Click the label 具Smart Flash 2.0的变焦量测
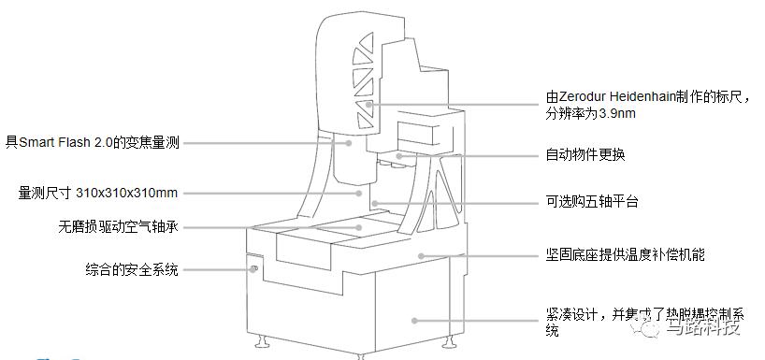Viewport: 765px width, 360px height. point(92,143)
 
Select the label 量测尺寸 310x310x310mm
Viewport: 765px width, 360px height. point(98,194)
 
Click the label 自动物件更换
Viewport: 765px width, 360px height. point(585,154)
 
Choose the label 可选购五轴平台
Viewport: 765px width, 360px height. point(591,202)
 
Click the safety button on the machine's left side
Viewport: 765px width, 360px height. point(253,270)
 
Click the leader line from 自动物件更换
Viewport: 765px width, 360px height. point(468,154)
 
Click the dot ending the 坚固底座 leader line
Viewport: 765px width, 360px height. point(422,254)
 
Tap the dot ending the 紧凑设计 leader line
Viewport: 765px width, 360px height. point(414,320)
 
